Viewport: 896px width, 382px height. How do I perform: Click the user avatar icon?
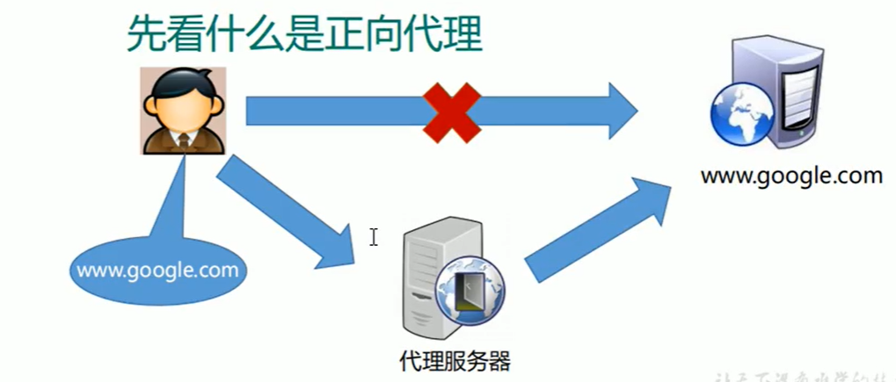(x=184, y=111)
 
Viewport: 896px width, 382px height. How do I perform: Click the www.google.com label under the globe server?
(x=790, y=176)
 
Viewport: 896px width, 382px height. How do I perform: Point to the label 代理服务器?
(x=454, y=360)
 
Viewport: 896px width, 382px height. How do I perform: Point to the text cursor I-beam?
(x=374, y=237)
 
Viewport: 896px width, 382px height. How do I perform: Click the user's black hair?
(x=183, y=81)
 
